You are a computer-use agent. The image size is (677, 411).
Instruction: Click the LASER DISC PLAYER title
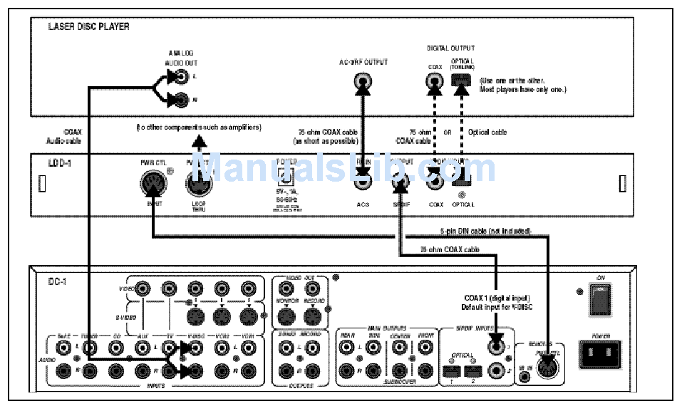(88, 27)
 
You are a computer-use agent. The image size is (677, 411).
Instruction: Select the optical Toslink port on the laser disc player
(461, 80)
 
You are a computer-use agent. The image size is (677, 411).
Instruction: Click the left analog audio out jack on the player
(182, 75)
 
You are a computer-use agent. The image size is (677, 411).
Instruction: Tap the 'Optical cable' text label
(487, 132)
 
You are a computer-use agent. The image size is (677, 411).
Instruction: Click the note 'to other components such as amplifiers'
(199, 128)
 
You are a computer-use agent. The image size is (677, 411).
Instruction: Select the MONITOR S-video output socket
(287, 314)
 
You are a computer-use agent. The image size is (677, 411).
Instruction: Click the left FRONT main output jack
(425, 348)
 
